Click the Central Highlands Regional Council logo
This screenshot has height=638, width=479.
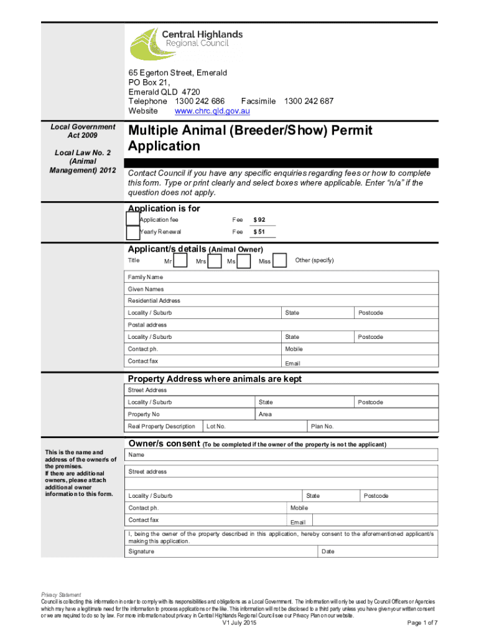coord(186,44)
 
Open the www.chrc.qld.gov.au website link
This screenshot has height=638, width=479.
coord(212,111)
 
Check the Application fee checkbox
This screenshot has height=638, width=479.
coord(133,219)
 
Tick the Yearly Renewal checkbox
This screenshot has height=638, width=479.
coord(133,232)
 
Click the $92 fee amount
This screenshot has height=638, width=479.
coord(259,220)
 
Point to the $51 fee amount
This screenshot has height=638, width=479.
coord(259,232)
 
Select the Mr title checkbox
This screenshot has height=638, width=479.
coord(180,260)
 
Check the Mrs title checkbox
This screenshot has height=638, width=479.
coord(214,260)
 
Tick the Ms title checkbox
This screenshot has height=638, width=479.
coord(244,260)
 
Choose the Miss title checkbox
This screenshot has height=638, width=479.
coord(280,260)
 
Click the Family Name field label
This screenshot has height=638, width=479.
coord(146,277)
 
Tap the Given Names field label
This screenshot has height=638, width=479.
coord(146,289)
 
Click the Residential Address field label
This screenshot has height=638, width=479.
coord(154,301)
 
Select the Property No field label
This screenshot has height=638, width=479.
coord(144,414)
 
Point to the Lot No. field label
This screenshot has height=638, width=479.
coord(216,427)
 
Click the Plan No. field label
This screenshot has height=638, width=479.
coord(322,427)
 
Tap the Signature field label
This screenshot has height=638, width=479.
coord(142,551)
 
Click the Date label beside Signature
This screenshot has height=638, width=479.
coord(328,551)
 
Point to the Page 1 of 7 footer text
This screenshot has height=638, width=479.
coord(422,623)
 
